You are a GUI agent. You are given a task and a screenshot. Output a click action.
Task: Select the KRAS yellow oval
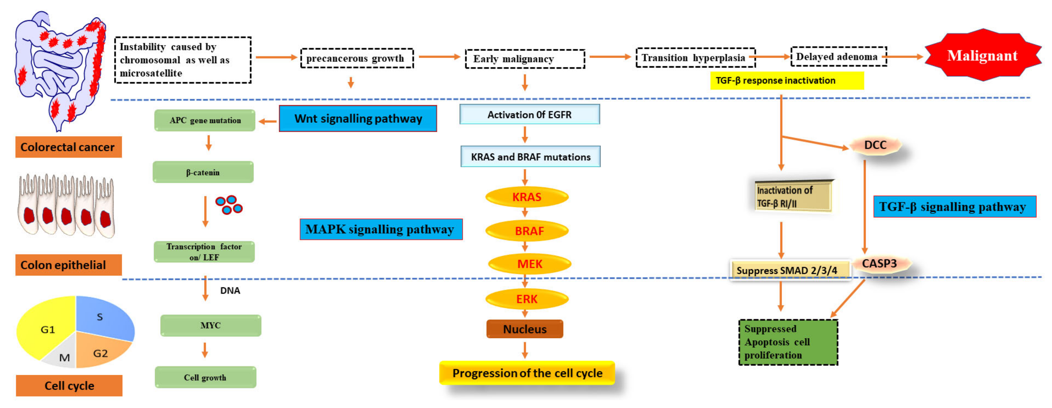coord(527,197)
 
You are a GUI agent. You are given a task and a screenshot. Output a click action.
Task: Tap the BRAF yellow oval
coord(528,231)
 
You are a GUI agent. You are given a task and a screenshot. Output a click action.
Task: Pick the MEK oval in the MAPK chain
coord(529,264)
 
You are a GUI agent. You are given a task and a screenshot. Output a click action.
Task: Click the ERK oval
coord(527,299)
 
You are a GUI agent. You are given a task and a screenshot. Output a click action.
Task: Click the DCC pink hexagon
coord(875,145)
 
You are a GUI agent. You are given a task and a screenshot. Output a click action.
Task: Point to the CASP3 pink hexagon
coord(879,264)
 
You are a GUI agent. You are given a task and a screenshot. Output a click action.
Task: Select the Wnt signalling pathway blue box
coord(358,119)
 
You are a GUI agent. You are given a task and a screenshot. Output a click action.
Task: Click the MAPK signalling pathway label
coord(381,229)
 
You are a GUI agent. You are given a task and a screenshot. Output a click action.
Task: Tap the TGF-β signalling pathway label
coord(954,207)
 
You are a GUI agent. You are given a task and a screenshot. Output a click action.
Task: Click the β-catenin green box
coord(203,172)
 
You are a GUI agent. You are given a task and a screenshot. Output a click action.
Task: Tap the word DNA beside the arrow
coord(230,290)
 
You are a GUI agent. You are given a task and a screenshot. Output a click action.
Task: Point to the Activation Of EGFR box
coord(529,115)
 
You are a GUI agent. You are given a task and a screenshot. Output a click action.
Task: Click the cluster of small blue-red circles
coord(229,205)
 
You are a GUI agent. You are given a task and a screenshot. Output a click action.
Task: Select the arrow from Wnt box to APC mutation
coord(268,121)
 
